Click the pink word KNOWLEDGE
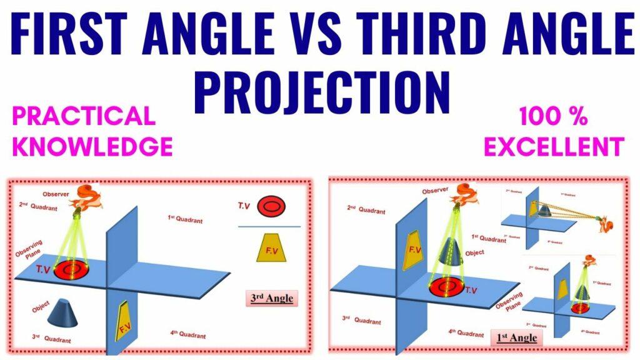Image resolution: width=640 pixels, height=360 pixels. (x=92, y=146)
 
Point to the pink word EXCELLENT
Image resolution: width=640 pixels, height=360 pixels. (x=555, y=146)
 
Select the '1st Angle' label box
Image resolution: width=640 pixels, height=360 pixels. (x=516, y=338)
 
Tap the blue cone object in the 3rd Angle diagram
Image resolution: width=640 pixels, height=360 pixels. (x=66, y=311)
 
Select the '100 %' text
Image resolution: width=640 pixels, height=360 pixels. (x=552, y=117)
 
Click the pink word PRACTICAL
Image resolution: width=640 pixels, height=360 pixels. (x=84, y=116)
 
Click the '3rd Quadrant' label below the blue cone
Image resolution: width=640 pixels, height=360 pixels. (x=51, y=339)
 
